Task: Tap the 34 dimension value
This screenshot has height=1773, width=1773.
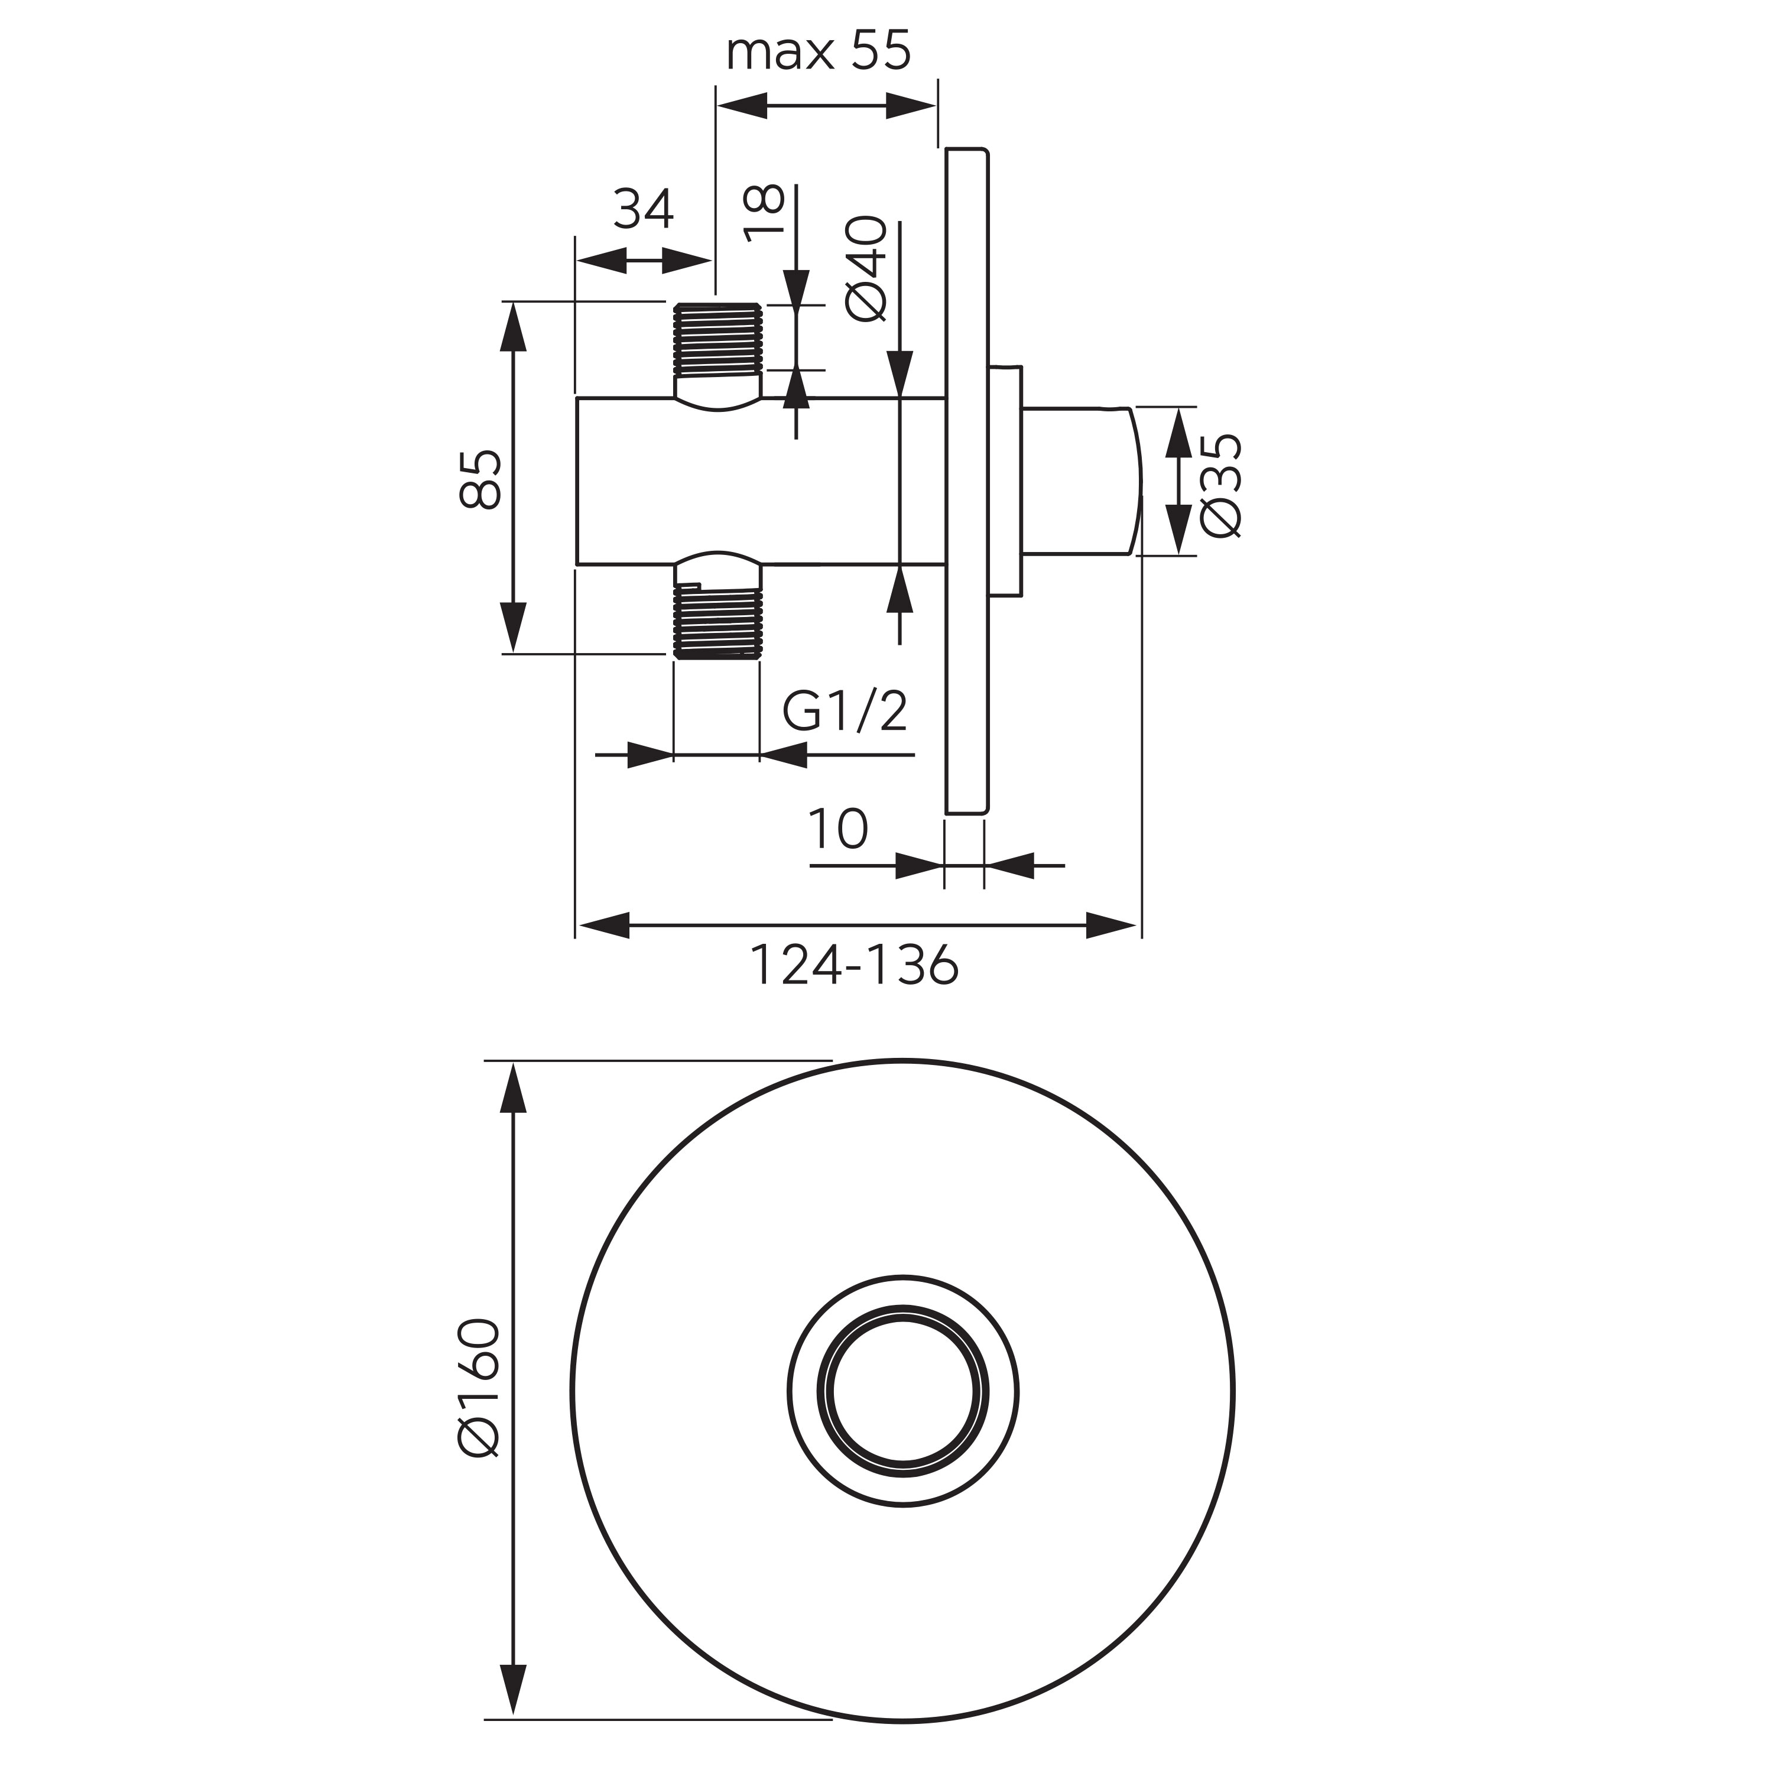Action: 644,210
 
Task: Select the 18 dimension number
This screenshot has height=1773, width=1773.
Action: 764,212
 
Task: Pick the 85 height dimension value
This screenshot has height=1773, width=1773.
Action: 481,479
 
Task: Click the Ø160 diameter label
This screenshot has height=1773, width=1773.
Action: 479,1388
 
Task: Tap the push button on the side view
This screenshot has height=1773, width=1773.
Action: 1083,481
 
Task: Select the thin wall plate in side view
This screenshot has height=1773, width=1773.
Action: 967,481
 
